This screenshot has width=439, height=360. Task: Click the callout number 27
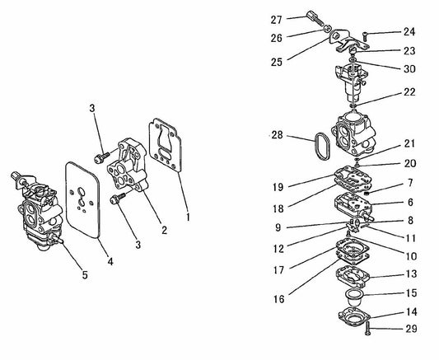click(x=277, y=19)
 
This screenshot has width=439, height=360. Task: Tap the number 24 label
click(x=410, y=33)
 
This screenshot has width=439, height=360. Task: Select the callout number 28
click(x=277, y=133)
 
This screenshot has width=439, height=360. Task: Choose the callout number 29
click(x=410, y=329)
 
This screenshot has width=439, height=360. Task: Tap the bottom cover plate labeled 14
click(x=357, y=316)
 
